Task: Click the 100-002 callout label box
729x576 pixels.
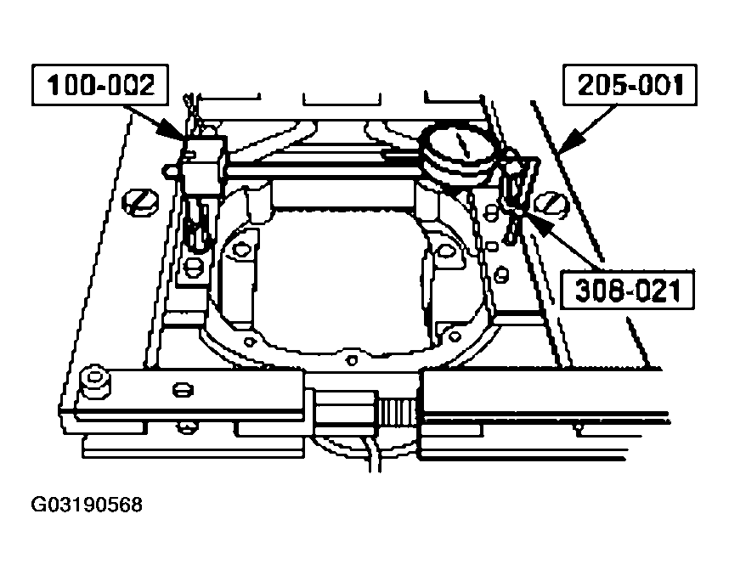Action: pyautogui.click(x=100, y=85)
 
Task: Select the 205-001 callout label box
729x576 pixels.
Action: pyautogui.click(x=630, y=85)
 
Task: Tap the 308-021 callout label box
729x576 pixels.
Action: pyautogui.click(x=627, y=290)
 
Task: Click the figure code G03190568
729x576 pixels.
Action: pyautogui.click(x=87, y=505)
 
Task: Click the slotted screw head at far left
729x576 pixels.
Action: pyautogui.click(x=140, y=202)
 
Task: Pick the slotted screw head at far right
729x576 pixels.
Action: pyautogui.click(x=551, y=204)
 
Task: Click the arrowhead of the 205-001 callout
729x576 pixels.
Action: pyautogui.click(x=572, y=139)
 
